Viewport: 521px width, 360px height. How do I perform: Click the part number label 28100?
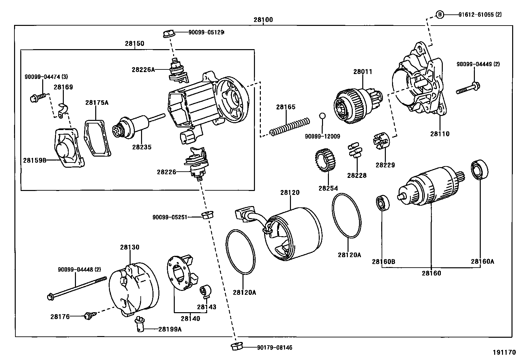click(263, 20)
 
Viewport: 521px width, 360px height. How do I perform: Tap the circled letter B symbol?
click(440, 14)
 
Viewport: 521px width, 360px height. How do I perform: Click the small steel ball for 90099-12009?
click(322, 116)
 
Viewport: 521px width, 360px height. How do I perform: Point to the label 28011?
click(363, 71)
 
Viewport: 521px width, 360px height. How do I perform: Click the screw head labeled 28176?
click(88, 316)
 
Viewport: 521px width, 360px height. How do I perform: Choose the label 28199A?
click(170, 329)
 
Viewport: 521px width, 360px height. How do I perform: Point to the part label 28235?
click(142, 147)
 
